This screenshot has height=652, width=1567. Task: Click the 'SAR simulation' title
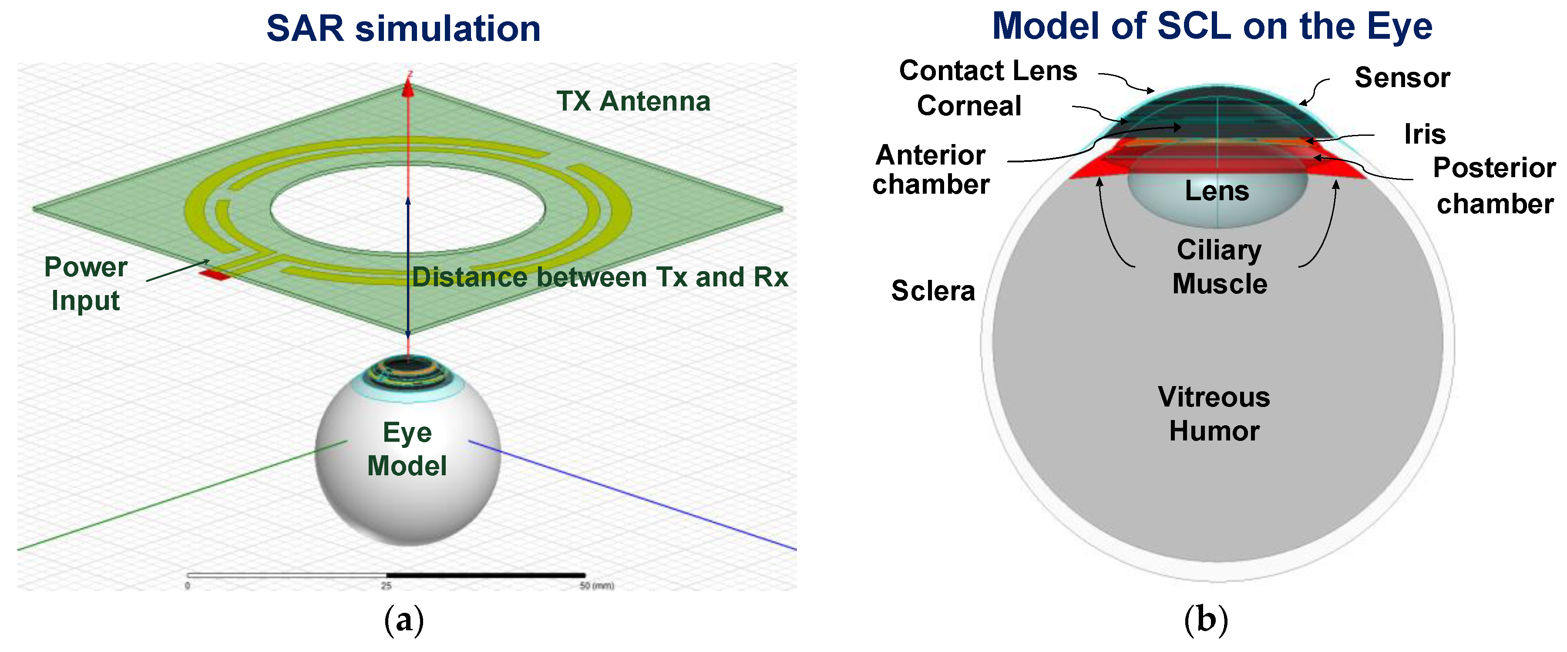coord(404,29)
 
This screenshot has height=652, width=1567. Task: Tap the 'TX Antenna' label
coord(633,101)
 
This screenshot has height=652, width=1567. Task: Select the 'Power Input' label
coord(86,283)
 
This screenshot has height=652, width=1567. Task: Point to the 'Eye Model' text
coord(407,449)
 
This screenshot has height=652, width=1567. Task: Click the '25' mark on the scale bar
coord(386,586)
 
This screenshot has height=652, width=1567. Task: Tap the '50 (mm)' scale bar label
coord(597,586)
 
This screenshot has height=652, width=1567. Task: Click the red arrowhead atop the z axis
coord(408,89)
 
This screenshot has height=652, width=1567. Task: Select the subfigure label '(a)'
coord(404,620)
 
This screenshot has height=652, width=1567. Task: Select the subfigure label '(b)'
coord(1206,620)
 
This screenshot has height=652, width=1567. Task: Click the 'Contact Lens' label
coord(988,71)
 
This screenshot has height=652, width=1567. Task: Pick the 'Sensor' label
coord(1402,78)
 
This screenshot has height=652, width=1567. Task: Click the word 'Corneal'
coord(969,106)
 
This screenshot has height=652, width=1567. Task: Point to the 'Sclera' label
coord(932,291)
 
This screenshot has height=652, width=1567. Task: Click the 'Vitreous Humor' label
coord(1214,413)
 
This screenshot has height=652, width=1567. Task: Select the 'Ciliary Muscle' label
coord(1220,267)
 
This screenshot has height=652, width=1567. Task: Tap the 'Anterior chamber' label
coord(931,170)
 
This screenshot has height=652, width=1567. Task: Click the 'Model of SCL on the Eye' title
coord(1212,26)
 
